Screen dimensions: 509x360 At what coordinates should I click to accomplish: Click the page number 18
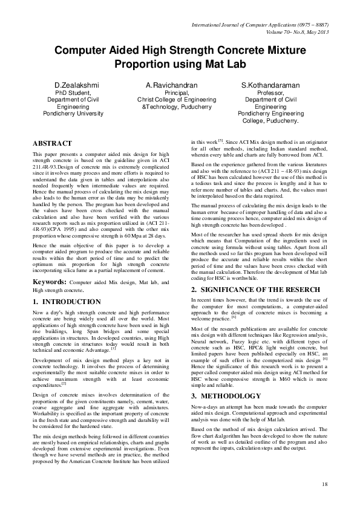click(324, 484)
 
